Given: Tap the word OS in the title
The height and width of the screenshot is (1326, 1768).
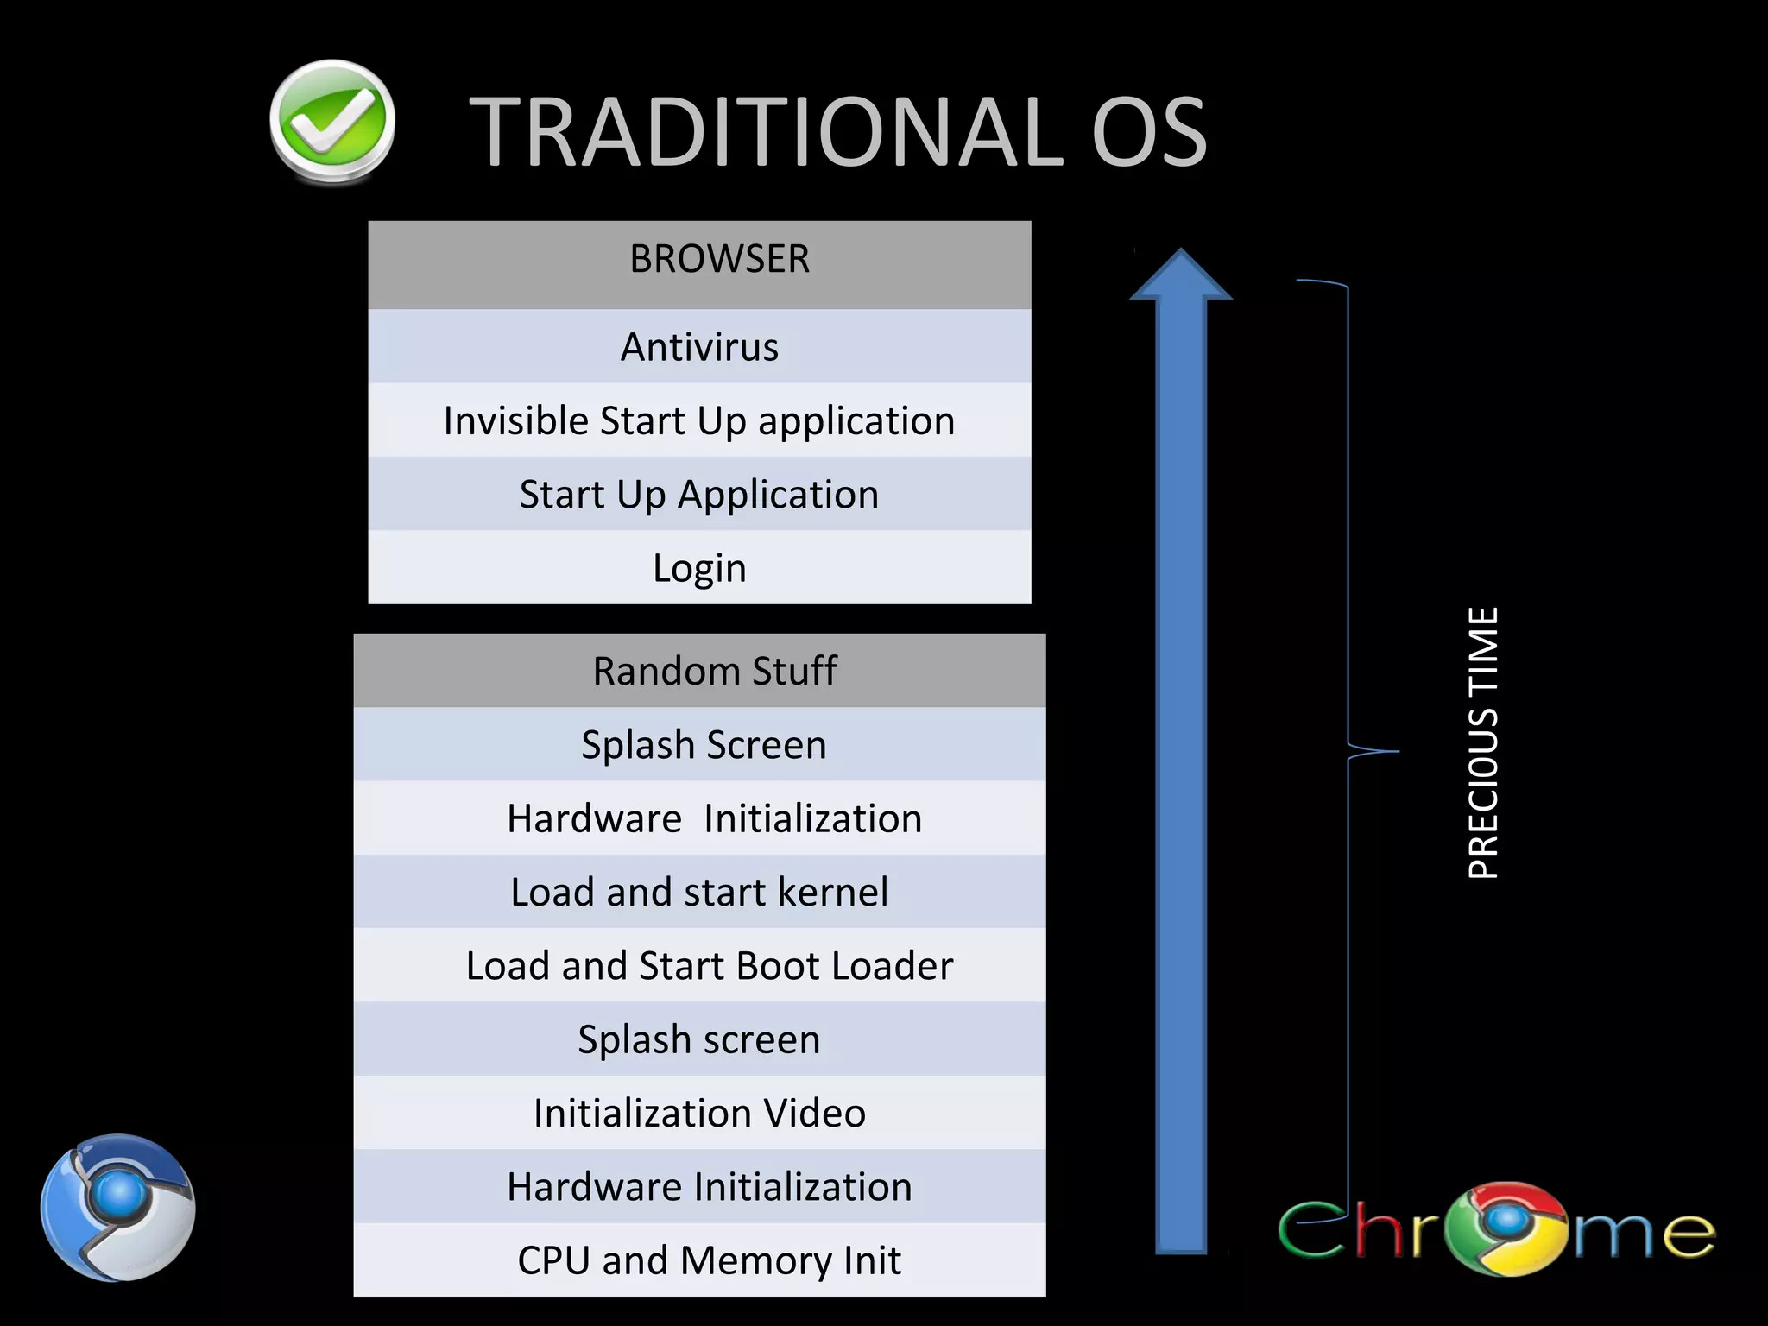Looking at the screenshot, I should [1149, 132].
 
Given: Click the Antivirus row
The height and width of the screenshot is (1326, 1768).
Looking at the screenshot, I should [699, 347].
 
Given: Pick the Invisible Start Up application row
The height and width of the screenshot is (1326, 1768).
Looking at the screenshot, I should [699, 421].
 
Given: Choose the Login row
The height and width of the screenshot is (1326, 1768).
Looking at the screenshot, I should [699, 568].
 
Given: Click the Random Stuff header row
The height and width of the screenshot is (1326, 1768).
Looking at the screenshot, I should [699, 671].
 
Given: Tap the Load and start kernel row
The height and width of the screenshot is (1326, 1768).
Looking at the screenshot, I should [699, 892].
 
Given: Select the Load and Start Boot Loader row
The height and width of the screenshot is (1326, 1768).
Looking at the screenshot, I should [699, 965].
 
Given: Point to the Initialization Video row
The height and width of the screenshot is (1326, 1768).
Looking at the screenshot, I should [699, 1113].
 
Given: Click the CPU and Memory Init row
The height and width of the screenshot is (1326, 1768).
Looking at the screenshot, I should [699, 1260].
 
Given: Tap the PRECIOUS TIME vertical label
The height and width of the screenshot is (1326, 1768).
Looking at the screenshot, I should [1483, 742].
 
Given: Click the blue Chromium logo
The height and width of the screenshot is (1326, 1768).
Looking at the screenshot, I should [117, 1207].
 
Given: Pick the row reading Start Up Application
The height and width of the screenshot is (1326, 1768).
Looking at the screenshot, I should [699, 495].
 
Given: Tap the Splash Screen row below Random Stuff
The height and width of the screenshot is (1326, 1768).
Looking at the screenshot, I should [699, 745].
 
